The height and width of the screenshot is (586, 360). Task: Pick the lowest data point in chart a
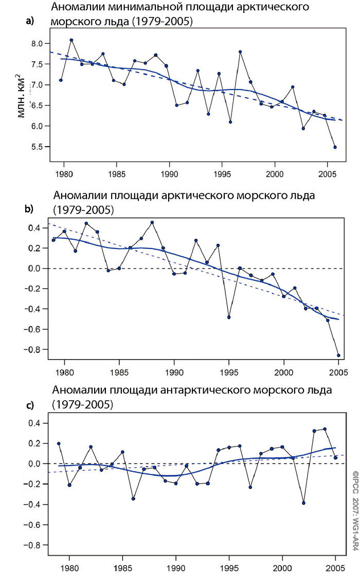point(335,147)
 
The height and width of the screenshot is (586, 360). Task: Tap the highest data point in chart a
point(71,40)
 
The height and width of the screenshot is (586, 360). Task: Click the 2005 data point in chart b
point(338,355)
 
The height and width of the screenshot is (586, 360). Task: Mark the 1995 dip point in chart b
point(229,317)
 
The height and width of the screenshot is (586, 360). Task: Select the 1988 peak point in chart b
point(152,222)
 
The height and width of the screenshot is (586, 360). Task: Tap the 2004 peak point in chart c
point(325,429)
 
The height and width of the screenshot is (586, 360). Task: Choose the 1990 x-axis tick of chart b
point(174,370)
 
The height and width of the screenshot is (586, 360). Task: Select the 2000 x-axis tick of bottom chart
point(282,571)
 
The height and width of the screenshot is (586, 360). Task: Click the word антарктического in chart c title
point(203,390)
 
